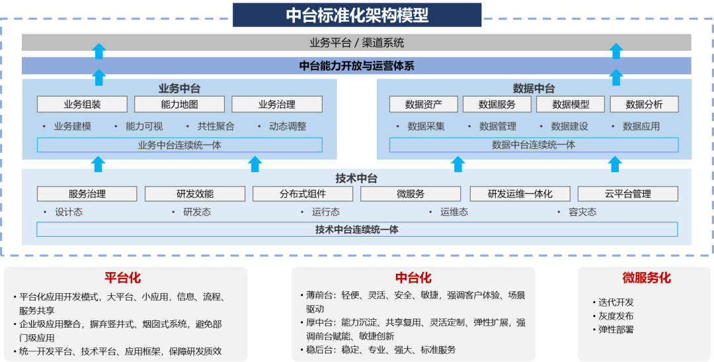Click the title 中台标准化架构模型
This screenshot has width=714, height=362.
click(357, 15)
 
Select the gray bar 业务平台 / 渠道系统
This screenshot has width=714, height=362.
click(356, 43)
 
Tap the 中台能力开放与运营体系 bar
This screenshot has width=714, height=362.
click(356, 66)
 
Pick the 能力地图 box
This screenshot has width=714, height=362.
click(179, 105)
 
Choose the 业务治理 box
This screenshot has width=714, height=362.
click(276, 105)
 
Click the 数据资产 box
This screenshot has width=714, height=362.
click(423, 105)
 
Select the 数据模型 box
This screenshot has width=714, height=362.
click(571, 105)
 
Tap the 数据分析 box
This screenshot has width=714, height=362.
click(644, 105)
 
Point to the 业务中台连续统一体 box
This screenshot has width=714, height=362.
click(179, 145)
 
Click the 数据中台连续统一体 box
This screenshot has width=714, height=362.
click(534, 145)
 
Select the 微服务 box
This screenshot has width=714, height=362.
click(411, 194)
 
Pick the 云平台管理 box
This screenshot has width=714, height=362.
click(627, 194)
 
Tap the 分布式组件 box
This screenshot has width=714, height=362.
click(303, 194)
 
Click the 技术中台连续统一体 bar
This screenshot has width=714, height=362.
click(356, 230)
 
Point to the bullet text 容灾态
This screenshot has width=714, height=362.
click(582, 212)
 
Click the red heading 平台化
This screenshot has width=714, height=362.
click(123, 278)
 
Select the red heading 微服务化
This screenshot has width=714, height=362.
click(646, 278)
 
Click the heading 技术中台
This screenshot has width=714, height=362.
click(356, 178)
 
